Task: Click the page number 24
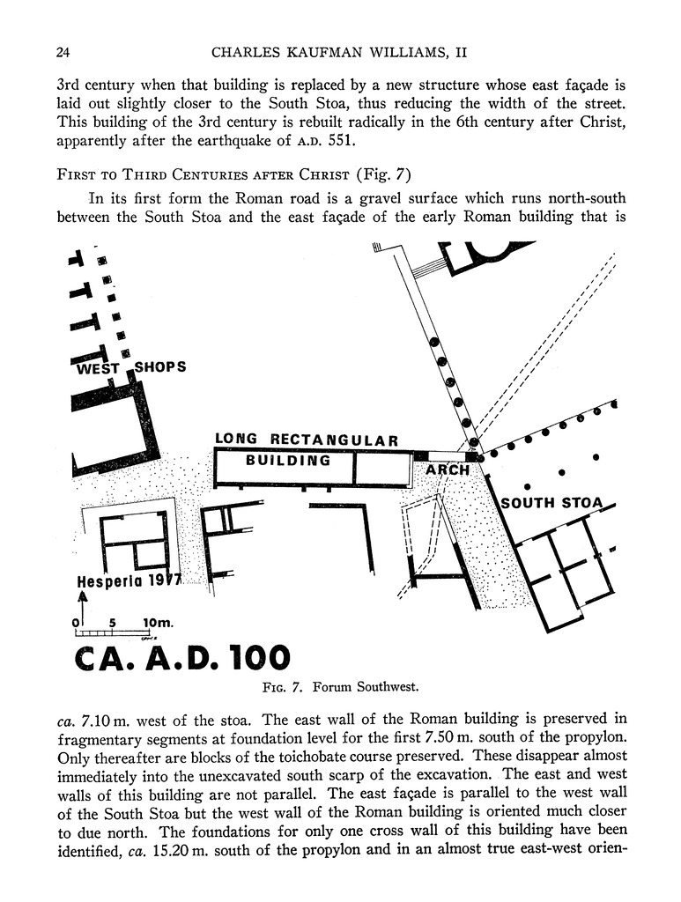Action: pyautogui.click(x=63, y=53)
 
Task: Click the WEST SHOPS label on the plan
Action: pyautogui.click(x=131, y=367)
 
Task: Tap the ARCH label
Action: pyautogui.click(x=448, y=470)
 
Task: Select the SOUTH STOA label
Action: pyautogui.click(x=552, y=503)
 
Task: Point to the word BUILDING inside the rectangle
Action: pyautogui.click(x=288, y=460)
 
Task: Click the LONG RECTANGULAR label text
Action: pyautogui.click(x=307, y=440)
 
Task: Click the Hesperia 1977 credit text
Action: pyautogui.click(x=129, y=581)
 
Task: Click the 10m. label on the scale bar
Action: pyautogui.click(x=158, y=623)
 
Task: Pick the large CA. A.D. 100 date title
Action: pyautogui.click(x=182, y=657)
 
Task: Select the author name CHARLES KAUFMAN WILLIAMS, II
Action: pyautogui.click(x=339, y=53)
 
